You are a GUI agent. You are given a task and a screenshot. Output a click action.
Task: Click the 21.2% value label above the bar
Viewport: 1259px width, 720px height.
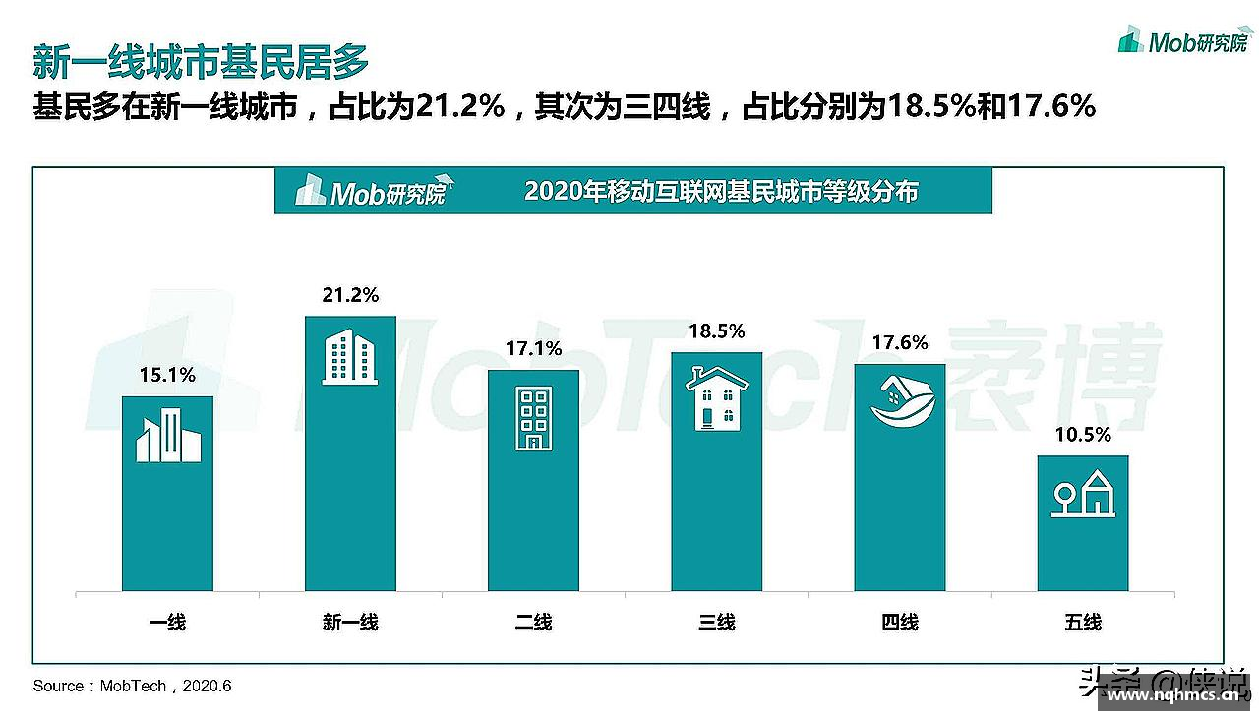(350, 295)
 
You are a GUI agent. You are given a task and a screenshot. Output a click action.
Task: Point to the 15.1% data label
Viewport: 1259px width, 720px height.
(167, 375)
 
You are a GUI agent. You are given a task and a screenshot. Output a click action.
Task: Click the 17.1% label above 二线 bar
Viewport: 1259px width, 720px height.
(533, 349)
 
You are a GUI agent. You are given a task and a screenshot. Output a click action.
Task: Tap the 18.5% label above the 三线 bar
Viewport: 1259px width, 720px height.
(716, 331)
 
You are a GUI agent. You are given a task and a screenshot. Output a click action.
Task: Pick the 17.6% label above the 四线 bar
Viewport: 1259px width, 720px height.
(899, 343)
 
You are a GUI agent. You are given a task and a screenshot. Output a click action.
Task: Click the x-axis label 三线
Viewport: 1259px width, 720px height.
(716, 622)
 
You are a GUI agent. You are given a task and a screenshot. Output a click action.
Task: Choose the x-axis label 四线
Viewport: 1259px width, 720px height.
(899, 622)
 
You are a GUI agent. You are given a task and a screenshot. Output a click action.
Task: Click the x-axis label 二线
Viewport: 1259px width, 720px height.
(533, 622)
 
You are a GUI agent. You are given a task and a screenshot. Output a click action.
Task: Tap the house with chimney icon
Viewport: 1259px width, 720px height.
(716, 398)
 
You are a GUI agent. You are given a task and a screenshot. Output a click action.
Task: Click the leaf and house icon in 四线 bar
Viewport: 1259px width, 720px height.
(899, 403)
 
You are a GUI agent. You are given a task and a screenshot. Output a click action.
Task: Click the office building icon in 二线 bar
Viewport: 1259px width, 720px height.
(533, 418)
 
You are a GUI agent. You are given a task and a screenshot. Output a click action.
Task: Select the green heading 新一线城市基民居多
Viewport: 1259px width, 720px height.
(201, 61)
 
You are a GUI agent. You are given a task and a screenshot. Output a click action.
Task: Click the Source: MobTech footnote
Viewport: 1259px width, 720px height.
(132, 686)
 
